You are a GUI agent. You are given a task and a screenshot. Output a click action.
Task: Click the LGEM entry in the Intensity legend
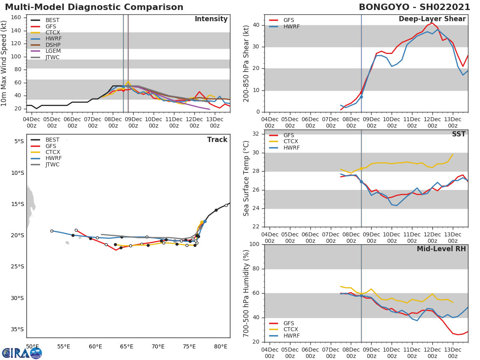(x=52, y=51)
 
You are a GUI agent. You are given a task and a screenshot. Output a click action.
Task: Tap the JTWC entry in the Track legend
(x=52, y=165)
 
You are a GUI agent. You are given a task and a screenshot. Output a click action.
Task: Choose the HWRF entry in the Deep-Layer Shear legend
(x=291, y=27)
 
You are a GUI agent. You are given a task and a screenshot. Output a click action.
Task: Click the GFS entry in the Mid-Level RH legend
(x=289, y=324)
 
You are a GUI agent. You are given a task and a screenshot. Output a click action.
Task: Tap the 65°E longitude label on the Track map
(x=126, y=346)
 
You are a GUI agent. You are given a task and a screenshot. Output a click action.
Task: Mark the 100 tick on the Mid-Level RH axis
(x=255, y=244)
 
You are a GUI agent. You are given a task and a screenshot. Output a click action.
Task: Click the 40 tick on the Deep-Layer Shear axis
(x=257, y=25)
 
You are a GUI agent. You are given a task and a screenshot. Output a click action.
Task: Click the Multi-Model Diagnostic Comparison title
(x=94, y=7)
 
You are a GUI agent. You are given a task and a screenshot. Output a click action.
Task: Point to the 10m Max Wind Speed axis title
(x=4, y=63)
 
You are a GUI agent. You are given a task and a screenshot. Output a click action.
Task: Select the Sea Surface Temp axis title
(x=246, y=179)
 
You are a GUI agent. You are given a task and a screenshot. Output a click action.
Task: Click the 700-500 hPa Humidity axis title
(x=246, y=293)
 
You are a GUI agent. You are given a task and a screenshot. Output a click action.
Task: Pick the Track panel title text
(x=217, y=140)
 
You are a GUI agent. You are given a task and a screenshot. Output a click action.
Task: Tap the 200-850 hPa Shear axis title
(x=246, y=63)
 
